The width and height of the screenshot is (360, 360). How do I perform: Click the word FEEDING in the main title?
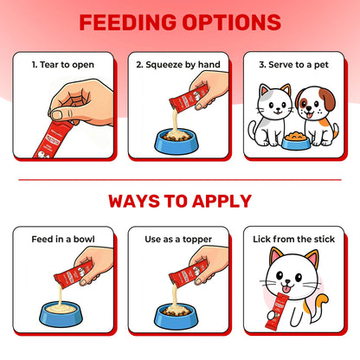pos(128,22)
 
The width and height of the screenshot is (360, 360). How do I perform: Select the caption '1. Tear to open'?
pos(63,65)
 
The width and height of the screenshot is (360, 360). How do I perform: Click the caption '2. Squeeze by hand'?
pos(178,65)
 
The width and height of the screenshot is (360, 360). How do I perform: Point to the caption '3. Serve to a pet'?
pos(293,65)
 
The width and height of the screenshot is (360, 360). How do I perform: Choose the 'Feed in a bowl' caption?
pos(63,239)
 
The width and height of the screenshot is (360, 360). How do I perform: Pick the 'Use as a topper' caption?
pos(178,239)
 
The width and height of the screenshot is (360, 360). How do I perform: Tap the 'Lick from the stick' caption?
pos(293,239)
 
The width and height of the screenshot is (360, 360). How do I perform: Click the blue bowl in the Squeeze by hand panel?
pos(177,142)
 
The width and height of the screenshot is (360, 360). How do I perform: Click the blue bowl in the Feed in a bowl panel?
pos(61,314)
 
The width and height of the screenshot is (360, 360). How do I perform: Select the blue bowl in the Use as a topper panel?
pos(177,316)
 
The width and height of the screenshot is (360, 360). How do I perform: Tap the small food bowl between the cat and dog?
pos(296,140)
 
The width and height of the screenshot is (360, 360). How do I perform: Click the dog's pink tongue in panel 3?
pos(309,115)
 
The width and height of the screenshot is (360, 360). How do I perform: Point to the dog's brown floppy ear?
pos(329,99)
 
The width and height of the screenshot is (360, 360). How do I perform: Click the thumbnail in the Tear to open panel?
pos(57,115)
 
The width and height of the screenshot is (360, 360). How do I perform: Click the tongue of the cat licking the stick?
pos(286,289)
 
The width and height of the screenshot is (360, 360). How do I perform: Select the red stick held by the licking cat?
pos(276,311)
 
